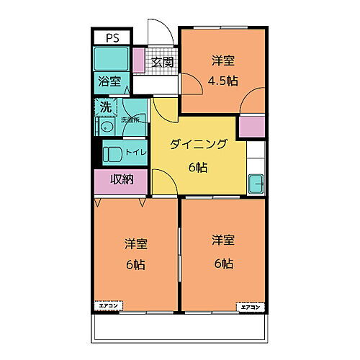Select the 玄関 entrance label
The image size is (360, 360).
pyautogui.click(x=163, y=62)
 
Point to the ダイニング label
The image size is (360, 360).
pyautogui.click(x=199, y=145)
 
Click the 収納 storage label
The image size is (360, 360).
pyautogui.click(x=121, y=181)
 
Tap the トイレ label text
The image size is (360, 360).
pyautogui.click(x=135, y=153)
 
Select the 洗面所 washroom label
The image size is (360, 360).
pyautogui.click(x=130, y=120)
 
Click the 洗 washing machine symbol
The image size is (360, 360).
pyautogui.click(x=104, y=107)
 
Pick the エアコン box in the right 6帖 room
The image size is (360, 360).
pyautogui.click(x=251, y=307)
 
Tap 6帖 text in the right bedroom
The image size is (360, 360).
pyautogui.click(x=222, y=263)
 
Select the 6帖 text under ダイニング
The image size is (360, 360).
pyautogui.click(x=198, y=168)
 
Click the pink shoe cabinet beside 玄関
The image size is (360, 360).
pyautogui.click(x=139, y=62)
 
